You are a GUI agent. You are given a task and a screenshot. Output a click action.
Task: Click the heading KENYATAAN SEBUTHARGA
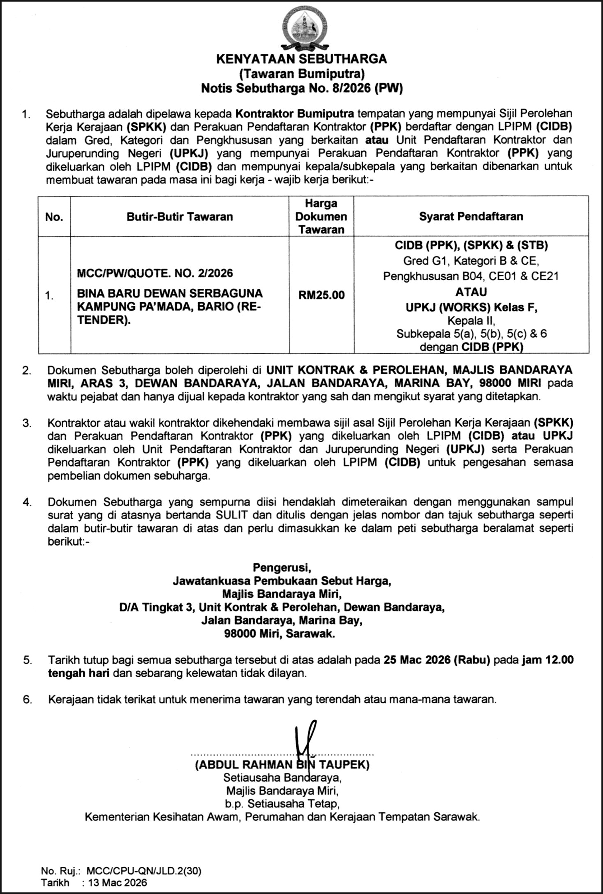pyautogui.click(x=301, y=59)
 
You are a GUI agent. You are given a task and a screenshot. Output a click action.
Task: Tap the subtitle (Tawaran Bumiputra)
pyautogui.click(x=301, y=74)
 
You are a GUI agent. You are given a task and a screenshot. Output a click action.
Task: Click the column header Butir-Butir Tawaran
pyautogui.click(x=179, y=217)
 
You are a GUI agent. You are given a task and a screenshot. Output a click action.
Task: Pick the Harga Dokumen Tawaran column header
pyautogui.click(x=321, y=216)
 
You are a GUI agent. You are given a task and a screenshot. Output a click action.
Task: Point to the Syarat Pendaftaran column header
pyautogui.click(x=471, y=216)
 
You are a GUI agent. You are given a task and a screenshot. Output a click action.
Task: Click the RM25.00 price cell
pyautogui.click(x=321, y=295)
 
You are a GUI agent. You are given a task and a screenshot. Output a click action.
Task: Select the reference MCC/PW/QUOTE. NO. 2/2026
pyautogui.click(x=155, y=273)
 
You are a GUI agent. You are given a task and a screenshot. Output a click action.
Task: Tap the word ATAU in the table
pyautogui.click(x=471, y=292)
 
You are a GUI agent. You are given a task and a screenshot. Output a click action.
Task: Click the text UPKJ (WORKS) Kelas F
pyautogui.click(x=471, y=307)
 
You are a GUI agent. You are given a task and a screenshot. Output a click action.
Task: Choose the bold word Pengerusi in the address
pyautogui.click(x=282, y=567)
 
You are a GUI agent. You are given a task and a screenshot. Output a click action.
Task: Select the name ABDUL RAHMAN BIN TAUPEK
pyautogui.click(x=282, y=764)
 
